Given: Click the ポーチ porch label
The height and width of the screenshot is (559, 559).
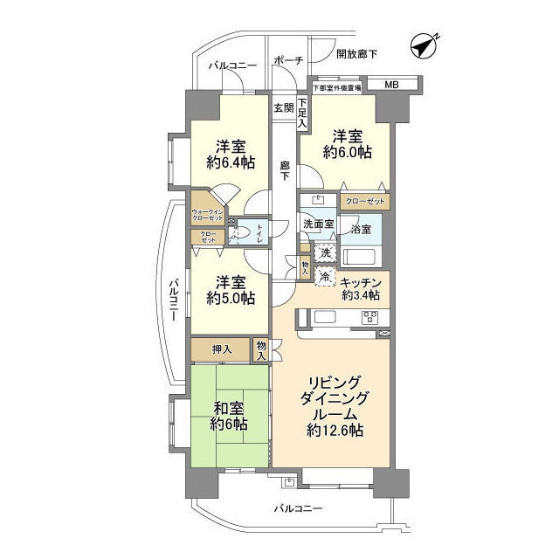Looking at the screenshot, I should [x=287, y=60].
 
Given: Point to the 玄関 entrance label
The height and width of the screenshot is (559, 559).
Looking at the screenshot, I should [x=283, y=108].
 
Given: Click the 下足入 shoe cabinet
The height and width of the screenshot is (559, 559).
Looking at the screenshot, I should [x=302, y=114].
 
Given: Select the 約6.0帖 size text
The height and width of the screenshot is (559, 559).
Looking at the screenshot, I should [x=347, y=152].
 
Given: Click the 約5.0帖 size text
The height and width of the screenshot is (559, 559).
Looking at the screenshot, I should [x=231, y=298].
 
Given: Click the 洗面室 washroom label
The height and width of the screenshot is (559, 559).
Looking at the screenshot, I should [x=318, y=224].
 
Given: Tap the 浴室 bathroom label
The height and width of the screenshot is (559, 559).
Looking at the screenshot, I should [x=361, y=229].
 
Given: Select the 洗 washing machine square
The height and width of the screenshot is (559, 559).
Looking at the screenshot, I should [x=324, y=253].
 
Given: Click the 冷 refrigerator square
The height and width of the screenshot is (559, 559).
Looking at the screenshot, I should [x=324, y=278].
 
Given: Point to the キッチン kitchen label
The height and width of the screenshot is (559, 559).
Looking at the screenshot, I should [x=360, y=282].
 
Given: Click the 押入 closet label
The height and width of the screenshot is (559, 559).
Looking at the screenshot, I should [x=222, y=349].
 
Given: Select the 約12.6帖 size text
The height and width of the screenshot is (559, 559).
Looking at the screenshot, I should [x=335, y=431].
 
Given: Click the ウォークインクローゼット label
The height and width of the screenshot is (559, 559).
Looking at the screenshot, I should [x=209, y=214].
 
